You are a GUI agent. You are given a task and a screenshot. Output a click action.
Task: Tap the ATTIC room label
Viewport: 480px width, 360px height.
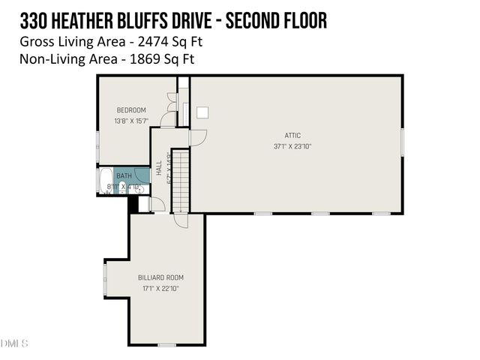point(292,136)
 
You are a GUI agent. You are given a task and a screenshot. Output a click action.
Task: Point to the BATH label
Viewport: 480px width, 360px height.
point(124,176)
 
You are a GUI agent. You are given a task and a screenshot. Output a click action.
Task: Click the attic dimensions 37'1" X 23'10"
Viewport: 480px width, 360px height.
point(292,146)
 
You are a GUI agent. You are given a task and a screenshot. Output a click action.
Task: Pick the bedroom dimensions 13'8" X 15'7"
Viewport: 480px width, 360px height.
point(131,121)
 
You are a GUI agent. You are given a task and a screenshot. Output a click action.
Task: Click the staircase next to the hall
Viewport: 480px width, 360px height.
point(181,180)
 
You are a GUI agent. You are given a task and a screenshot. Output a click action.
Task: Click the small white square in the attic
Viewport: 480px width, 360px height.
point(202,112)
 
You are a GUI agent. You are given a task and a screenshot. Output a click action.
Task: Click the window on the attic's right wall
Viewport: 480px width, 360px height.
point(403,143)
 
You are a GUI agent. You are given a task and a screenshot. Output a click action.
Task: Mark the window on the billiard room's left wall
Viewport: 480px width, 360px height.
point(106,278)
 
